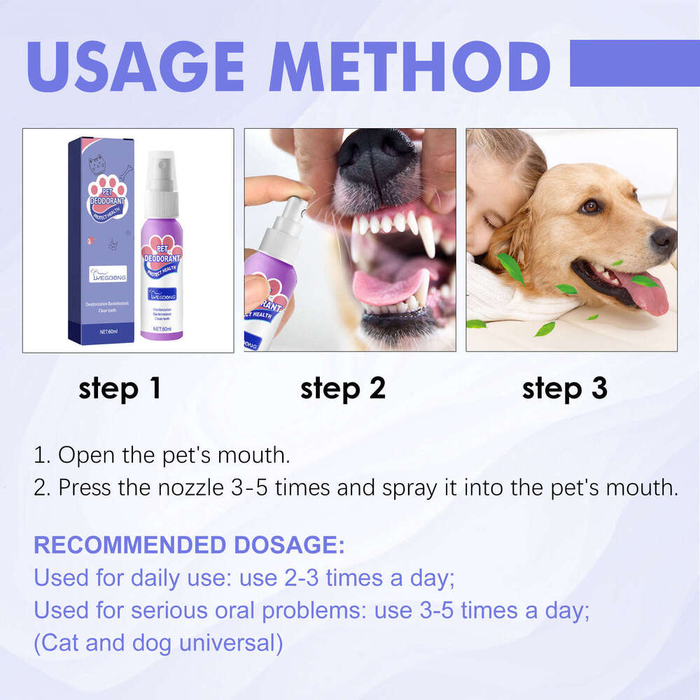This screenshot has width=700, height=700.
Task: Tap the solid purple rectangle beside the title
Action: (634, 63)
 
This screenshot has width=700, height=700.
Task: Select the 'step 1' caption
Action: (120, 388)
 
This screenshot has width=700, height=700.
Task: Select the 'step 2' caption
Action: (343, 388)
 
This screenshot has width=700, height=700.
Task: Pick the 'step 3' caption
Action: (565, 388)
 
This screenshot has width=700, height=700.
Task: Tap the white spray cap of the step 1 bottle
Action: (162, 175)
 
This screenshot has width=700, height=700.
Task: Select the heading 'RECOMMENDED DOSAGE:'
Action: (189, 545)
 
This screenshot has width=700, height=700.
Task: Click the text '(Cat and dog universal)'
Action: (159, 643)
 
